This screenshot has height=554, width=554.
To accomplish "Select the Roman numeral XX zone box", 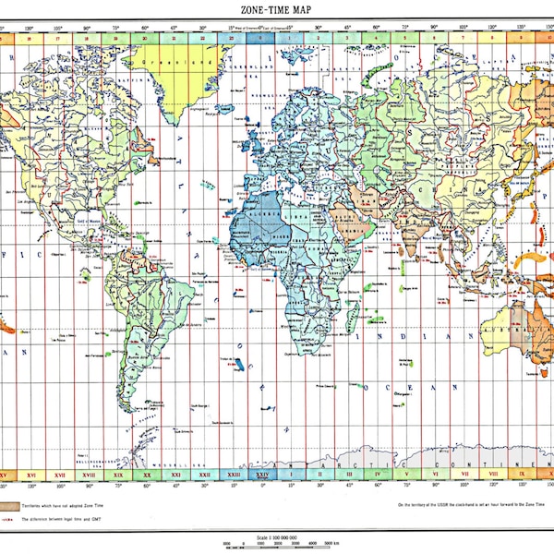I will [147, 475].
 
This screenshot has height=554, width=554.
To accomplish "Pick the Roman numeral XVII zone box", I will [60, 475].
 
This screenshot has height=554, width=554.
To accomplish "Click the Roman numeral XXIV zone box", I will [262, 475].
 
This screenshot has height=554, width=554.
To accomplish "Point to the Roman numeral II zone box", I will [320, 475].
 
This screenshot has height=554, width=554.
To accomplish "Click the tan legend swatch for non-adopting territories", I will [11, 506].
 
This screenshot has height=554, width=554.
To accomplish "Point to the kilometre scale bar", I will [277, 544].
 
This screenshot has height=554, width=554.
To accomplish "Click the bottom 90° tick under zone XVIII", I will [89, 484].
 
